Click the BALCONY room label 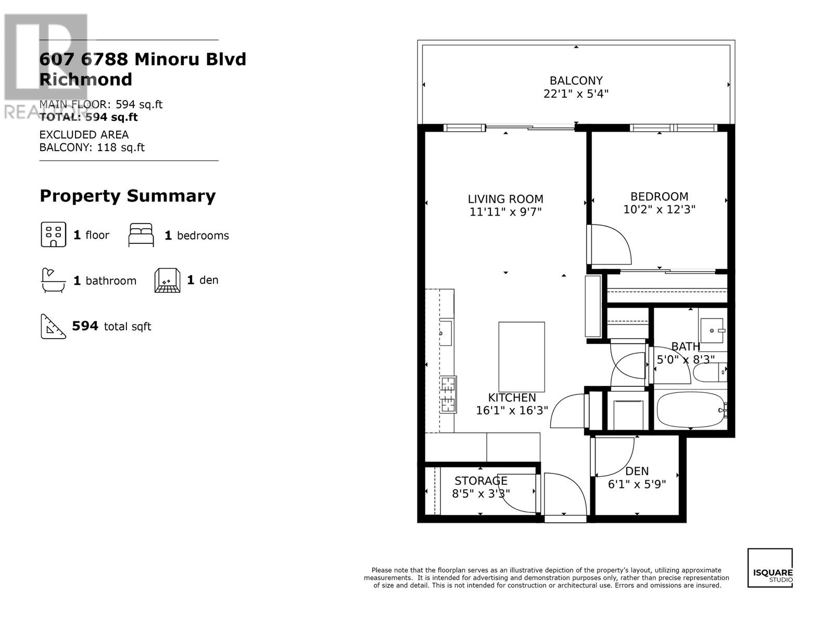tap(576, 80)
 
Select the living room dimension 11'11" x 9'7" tap(505, 212)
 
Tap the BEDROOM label tap(659, 196)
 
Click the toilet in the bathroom tap(710, 372)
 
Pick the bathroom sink tap(712, 331)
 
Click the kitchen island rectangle tap(522, 357)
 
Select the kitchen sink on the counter tap(446, 333)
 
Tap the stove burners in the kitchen tap(448, 395)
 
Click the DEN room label tap(637, 471)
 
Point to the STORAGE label tap(481, 481)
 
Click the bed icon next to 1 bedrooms tap(141, 235)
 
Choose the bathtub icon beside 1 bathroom tap(53, 280)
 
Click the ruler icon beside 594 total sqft tap(53, 327)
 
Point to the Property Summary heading tap(128, 196)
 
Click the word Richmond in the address tap(86, 79)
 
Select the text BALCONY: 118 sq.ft tap(92, 147)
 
